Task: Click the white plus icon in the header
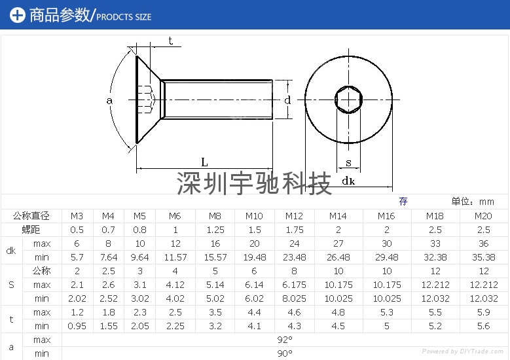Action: (x=18, y=15)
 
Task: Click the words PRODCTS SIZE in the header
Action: (x=124, y=16)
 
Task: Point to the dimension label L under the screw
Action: (x=204, y=162)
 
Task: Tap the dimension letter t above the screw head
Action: (x=170, y=41)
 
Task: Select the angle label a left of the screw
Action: (x=109, y=100)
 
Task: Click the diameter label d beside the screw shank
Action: (x=287, y=100)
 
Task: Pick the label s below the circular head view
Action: (x=348, y=162)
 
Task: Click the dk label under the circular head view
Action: (x=348, y=181)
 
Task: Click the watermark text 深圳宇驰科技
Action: (x=255, y=184)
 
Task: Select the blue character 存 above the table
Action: (x=403, y=202)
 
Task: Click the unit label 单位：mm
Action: (x=473, y=202)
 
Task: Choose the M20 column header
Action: (x=483, y=216)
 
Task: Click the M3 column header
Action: (x=77, y=216)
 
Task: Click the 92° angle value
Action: (x=284, y=340)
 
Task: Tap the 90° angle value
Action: (x=284, y=353)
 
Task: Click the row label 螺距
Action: (x=31, y=230)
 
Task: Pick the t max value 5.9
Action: (x=483, y=312)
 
